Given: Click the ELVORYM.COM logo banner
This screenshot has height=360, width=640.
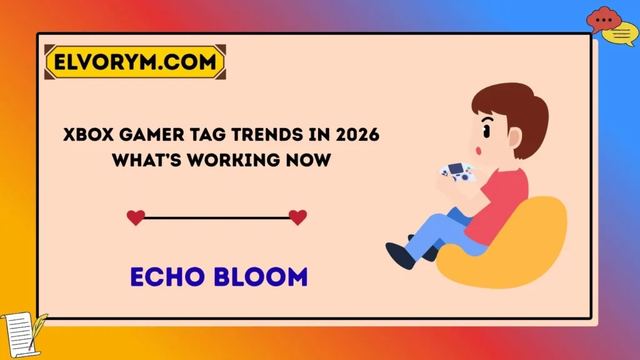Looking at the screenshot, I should click(x=135, y=62).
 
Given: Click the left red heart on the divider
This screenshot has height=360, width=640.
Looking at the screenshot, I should click(x=136, y=217).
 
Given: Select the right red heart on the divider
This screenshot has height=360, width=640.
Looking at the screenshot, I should click(x=298, y=217).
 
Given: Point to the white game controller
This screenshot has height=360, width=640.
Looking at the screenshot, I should click(x=458, y=172).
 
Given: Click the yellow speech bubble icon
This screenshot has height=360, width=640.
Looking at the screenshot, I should click(x=623, y=34).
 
